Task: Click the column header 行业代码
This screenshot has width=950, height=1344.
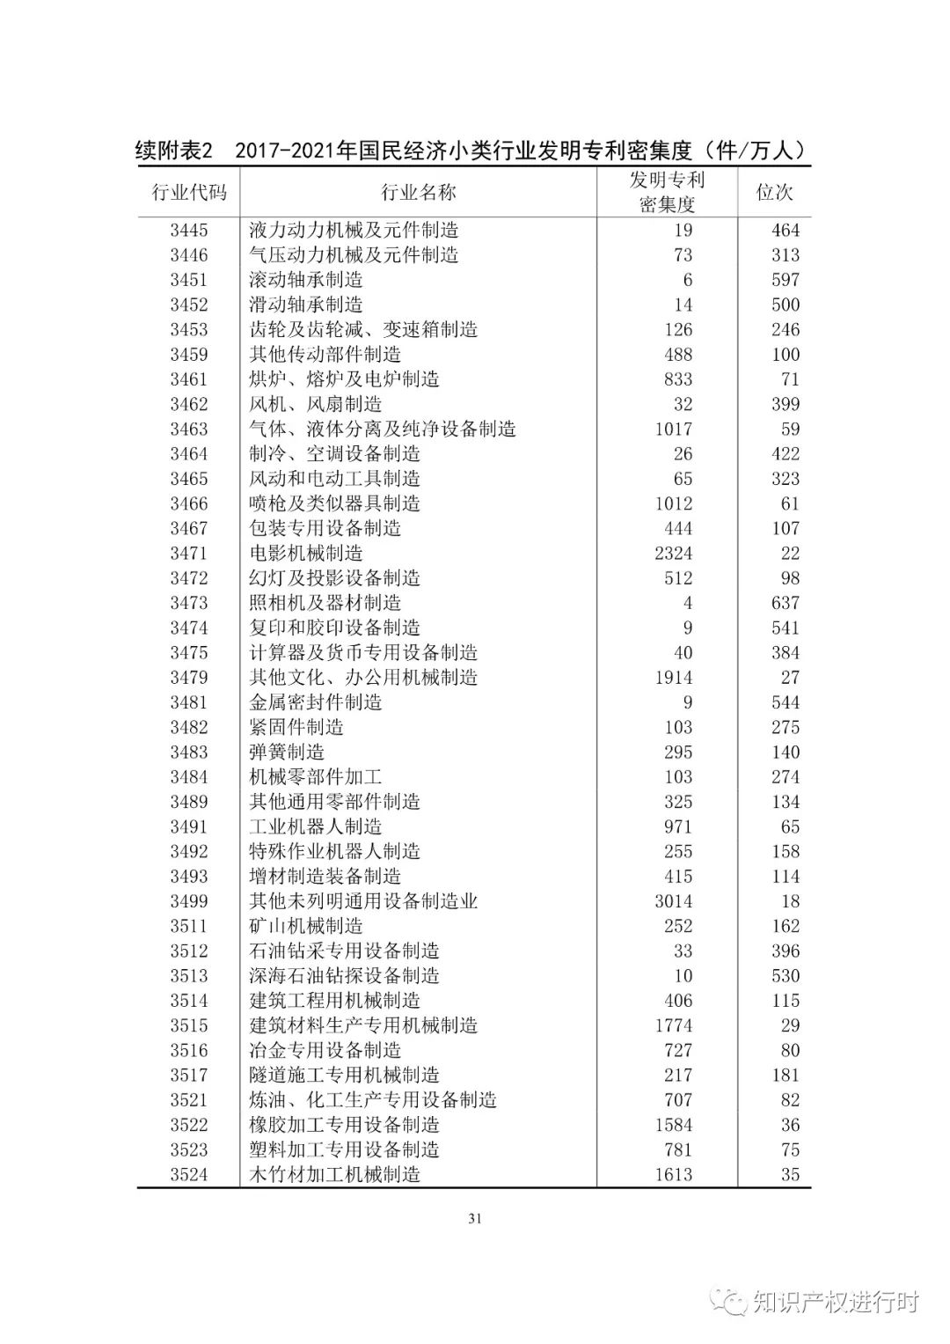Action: [x=189, y=193]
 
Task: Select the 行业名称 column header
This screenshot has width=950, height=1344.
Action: [x=418, y=193]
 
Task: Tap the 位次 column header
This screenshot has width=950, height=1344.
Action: [x=774, y=193]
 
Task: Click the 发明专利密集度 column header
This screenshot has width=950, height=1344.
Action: [x=667, y=192]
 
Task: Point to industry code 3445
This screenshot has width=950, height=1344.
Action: [x=189, y=231]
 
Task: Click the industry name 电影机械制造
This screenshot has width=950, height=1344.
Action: [x=306, y=554]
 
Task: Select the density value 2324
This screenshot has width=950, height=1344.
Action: [x=674, y=554]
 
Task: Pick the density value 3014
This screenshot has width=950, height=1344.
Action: [x=674, y=901]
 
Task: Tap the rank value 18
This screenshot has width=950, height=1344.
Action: [x=790, y=901]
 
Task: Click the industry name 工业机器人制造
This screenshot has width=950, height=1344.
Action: [x=316, y=827]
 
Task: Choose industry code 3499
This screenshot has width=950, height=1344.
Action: [x=189, y=901]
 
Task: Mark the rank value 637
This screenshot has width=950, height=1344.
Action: [x=786, y=603]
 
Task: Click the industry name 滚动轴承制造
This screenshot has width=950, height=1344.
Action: [x=306, y=280]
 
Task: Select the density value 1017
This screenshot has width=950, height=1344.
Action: [x=674, y=430]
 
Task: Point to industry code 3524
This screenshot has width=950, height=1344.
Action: [x=189, y=1175]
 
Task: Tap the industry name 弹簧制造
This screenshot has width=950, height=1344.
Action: [x=287, y=753]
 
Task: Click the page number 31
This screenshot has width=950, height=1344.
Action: [x=475, y=1219]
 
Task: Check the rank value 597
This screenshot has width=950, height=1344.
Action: [x=786, y=280]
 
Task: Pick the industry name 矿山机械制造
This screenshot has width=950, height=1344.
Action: [x=306, y=926]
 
